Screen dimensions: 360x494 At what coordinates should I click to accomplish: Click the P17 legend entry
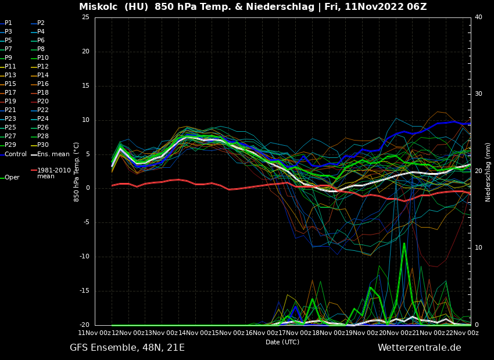[10, 93]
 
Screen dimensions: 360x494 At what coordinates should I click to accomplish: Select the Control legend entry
[16, 154]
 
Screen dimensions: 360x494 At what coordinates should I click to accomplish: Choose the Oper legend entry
[12, 177]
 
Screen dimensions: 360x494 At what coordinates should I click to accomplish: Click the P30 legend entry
[43, 145]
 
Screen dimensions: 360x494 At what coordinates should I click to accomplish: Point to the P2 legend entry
[41, 23]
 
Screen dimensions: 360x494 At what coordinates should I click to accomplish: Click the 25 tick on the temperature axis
[85, 17]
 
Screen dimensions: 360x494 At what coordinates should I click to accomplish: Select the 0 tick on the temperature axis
[87, 188]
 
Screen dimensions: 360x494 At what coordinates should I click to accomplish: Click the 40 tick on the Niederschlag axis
[478, 17]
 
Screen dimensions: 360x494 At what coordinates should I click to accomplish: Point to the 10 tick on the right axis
[478, 248]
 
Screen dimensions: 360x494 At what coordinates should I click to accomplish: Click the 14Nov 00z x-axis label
[194, 333]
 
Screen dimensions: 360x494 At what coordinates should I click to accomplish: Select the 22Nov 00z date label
[462, 333]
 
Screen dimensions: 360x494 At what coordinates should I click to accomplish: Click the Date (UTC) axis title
[282, 342]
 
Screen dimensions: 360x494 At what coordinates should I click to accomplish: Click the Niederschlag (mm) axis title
[488, 172]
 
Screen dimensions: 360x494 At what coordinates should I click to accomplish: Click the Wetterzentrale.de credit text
[419, 348]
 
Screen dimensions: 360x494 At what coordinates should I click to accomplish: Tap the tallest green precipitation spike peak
[404, 243]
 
